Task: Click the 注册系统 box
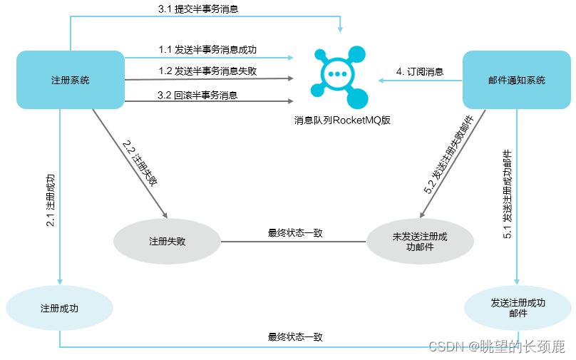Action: click(71, 80)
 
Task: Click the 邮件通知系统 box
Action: click(517, 80)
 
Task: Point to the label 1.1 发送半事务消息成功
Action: click(207, 50)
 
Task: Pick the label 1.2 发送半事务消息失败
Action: click(207, 71)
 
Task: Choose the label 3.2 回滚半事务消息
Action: click(197, 95)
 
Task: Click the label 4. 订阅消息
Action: click(420, 71)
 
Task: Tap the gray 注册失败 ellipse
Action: click(168, 241)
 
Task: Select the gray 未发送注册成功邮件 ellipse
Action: click(420, 242)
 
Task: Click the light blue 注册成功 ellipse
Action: click(59, 309)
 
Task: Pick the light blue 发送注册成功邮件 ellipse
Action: click(518, 308)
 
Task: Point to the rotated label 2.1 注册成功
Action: click(51, 200)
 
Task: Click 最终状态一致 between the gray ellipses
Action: click(295, 232)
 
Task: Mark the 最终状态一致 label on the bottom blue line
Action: click(295, 337)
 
